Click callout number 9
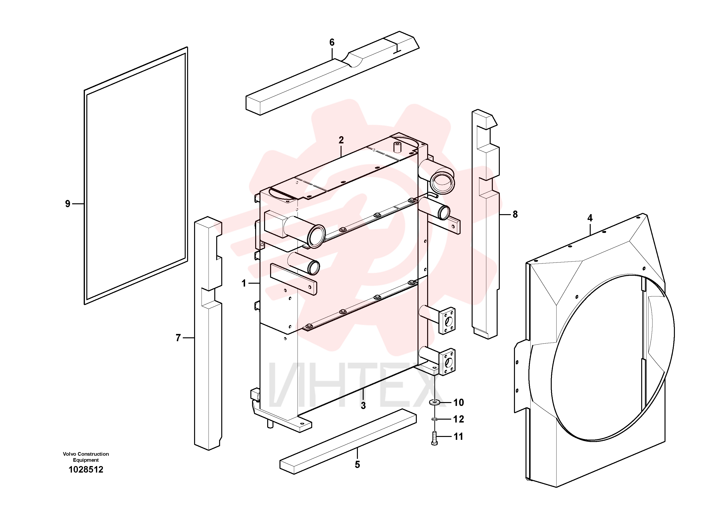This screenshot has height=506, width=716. (68, 204)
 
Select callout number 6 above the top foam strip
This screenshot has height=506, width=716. (332, 42)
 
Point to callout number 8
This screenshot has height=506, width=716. (515, 214)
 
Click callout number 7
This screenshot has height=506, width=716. (178, 338)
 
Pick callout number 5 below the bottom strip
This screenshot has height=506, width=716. (357, 465)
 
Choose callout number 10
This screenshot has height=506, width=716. (458, 403)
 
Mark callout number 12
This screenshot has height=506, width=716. (458, 419)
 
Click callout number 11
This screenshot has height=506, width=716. (458, 436)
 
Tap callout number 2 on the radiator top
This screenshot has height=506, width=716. (341, 140)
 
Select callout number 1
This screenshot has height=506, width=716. (244, 283)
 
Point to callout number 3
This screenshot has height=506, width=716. (363, 406)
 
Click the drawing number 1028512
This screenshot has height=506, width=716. (86, 469)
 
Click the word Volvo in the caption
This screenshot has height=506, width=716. (70, 454)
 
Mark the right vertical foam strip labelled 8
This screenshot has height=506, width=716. (486, 224)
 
